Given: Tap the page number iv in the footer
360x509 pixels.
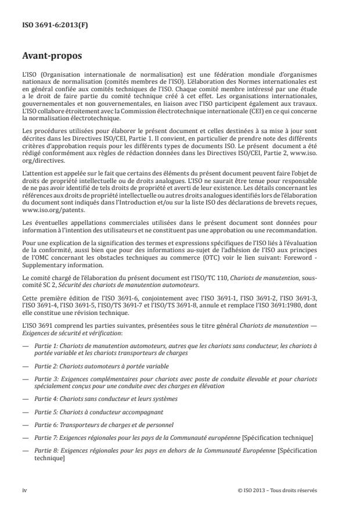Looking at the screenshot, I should click(25, 490).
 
